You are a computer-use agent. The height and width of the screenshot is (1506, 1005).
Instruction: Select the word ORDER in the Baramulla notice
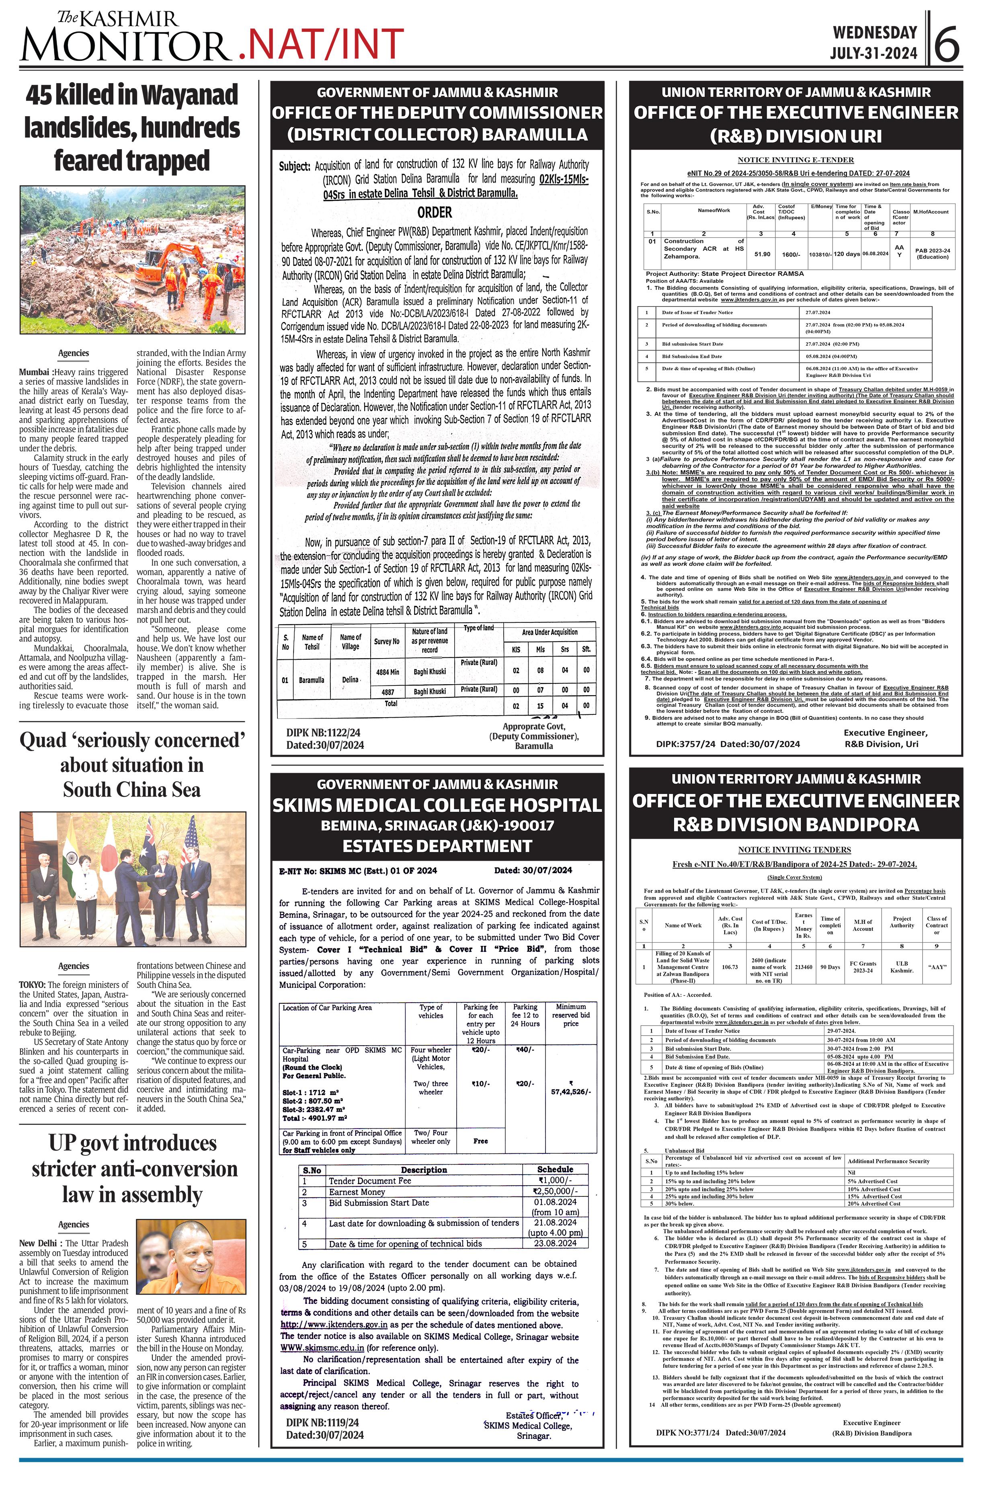pyautogui.click(x=435, y=212)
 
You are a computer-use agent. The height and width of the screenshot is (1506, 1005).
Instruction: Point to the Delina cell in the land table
pyautogui.click(x=350, y=679)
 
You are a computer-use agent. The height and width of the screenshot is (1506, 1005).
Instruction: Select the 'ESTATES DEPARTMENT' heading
pyautogui.click(x=437, y=846)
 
